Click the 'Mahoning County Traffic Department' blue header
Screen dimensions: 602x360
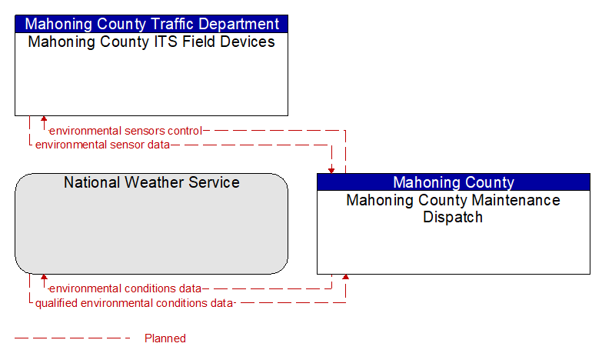(151, 24)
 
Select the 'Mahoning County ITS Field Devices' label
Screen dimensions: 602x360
(151, 42)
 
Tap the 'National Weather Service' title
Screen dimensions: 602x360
(151, 182)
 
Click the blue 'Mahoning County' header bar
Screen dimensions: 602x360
(454, 182)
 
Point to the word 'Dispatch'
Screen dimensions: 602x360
(453, 217)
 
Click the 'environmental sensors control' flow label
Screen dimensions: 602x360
(125, 131)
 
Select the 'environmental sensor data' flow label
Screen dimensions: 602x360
(102, 145)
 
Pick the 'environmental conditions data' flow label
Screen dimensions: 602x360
(125, 288)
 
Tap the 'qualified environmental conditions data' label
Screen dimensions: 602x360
(134, 303)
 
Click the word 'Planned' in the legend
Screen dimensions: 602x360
(165, 338)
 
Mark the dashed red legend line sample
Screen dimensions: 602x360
(72, 338)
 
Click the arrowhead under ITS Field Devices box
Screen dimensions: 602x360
(44, 118)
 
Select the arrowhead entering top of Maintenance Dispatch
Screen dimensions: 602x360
(331, 171)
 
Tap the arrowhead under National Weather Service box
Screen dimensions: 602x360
(44, 277)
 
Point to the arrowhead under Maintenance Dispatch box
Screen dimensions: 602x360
(345, 277)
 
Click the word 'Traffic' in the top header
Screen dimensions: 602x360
(172, 24)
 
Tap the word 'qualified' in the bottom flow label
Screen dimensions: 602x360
(56, 304)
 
